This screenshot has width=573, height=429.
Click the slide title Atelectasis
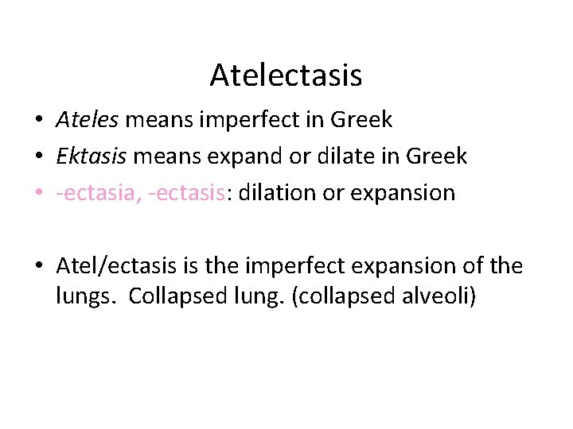pyautogui.click(x=286, y=75)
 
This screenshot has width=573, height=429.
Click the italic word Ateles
pyautogui.click(x=87, y=120)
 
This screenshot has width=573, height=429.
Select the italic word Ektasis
pyautogui.click(x=92, y=156)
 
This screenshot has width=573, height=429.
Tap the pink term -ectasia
pyautogui.click(x=96, y=192)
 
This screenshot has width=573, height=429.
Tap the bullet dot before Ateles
pyautogui.click(x=39, y=121)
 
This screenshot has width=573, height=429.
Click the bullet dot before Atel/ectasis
pyautogui.click(x=39, y=266)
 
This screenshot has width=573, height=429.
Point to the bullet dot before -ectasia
pyautogui.click(x=39, y=193)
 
